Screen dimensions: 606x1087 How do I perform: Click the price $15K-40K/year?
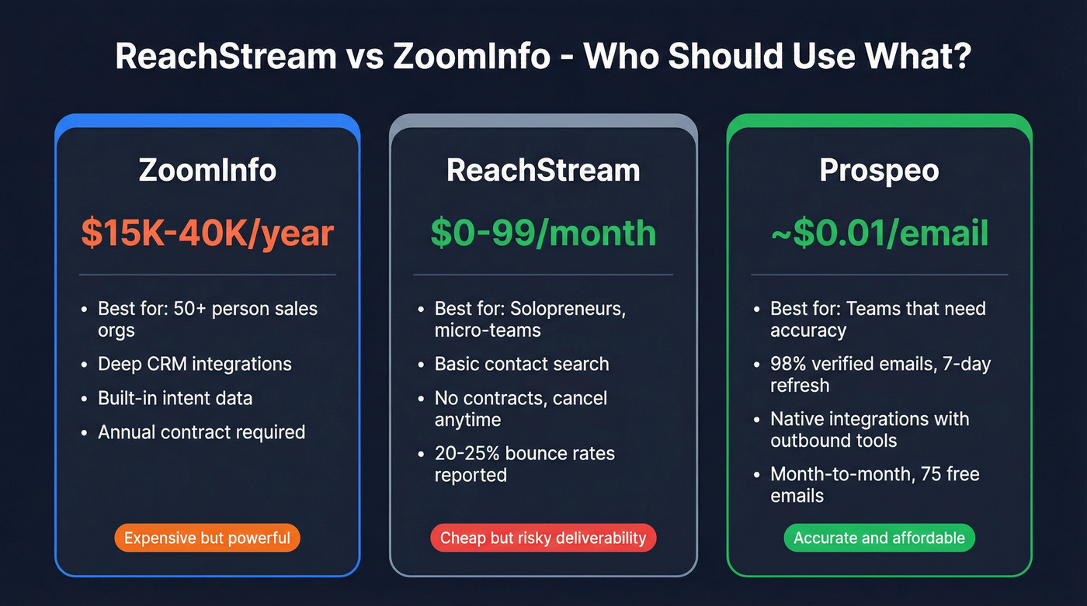point(207,234)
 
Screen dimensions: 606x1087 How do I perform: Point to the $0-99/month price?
point(543,234)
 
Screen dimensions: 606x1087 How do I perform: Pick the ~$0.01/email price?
point(879,234)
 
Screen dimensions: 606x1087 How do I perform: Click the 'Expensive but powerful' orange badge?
point(207,538)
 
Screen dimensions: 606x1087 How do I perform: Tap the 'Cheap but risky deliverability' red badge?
point(543,538)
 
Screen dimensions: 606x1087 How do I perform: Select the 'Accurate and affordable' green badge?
point(879,538)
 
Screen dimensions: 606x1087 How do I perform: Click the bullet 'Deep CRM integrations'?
point(194,364)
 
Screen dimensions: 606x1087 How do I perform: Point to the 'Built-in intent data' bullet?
point(175,398)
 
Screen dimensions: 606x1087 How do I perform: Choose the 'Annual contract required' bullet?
point(201,432)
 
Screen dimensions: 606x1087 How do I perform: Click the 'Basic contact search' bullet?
point(521,364)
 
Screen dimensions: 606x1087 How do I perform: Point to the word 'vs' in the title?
point(361,58)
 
